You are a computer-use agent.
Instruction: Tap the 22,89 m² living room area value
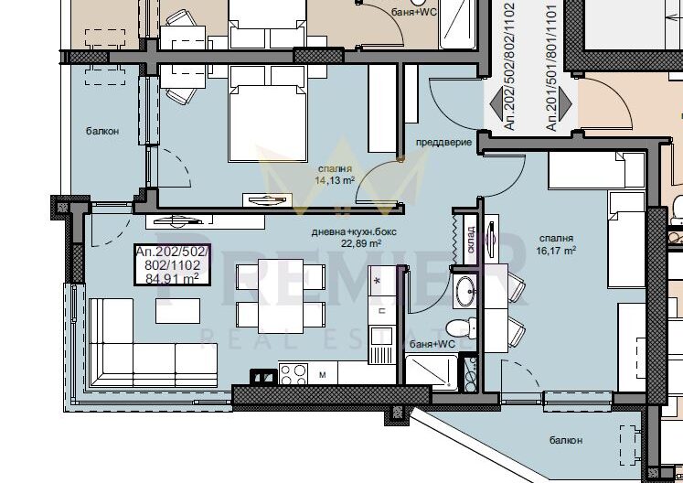coord(361,243)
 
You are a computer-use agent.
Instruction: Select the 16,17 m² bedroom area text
coord(556,251)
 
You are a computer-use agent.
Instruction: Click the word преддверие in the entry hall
coord(443,143)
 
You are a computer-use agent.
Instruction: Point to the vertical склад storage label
coord(471,240)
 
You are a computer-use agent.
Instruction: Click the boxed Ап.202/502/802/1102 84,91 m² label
coord(173,264)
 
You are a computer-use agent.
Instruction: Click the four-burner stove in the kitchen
coord(293,374)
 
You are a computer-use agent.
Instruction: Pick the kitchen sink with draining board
coord(381,344)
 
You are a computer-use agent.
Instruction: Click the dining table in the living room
coord(281,296)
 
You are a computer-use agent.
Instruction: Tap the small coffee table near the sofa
coord(177,311)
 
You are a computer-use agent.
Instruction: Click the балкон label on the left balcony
coord(102,131)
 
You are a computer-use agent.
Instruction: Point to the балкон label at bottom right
coord(566,440)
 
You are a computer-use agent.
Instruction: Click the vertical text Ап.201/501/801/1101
coord(551,68)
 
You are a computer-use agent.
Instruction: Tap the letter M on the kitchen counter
coord(323,375)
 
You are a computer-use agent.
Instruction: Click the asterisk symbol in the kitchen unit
coord(378,281)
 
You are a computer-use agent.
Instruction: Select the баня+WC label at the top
coord(414,12)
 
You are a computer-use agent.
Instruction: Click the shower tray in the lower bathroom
coord(432,372)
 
